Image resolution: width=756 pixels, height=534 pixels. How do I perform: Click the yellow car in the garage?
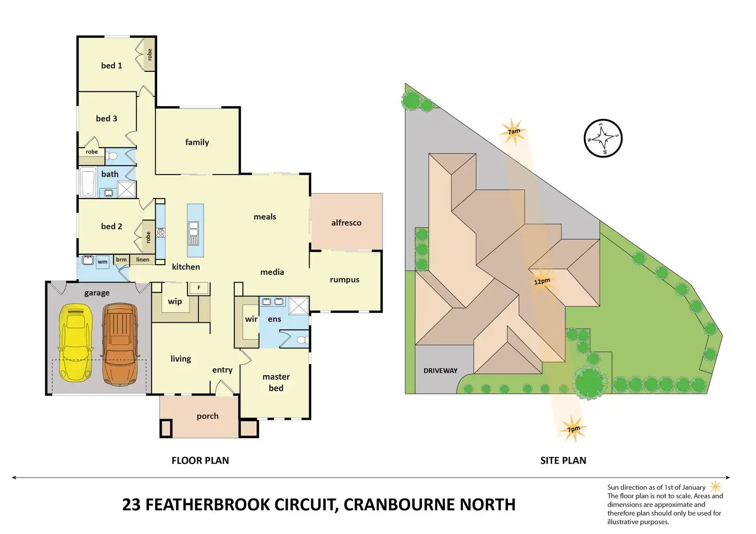(x=76, y=343)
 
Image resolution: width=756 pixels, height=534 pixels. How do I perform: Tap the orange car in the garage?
(x=120, y=343)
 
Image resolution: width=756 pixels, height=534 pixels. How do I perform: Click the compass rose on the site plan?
(x=603, y=139)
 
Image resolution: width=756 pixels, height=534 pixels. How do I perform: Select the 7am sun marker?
(x=513, y=131)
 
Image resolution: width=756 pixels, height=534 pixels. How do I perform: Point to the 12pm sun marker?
(x=542, y=281)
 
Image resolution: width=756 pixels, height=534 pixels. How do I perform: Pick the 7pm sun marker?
(x=573, y=428)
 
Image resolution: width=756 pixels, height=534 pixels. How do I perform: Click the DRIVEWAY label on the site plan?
(x=440, y=370)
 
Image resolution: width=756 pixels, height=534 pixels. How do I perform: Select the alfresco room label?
(x=346, y=223)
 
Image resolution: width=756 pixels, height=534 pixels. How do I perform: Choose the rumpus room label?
(x=344, y=280)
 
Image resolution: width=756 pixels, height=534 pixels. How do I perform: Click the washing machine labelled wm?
(x=103, y=262)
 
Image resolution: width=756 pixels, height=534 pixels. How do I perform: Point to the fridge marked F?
(x=199, y=288)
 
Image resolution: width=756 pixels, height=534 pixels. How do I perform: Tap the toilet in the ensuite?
(x=303, y=340)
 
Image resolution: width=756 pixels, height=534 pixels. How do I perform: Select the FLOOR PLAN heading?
(x=200, y=461)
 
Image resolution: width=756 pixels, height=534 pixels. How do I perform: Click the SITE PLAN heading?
(x=563, y=461)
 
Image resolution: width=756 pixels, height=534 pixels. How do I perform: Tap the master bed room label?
(x=276, y=382)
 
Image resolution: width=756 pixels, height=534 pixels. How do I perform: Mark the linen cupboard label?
(x=143, y=260)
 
